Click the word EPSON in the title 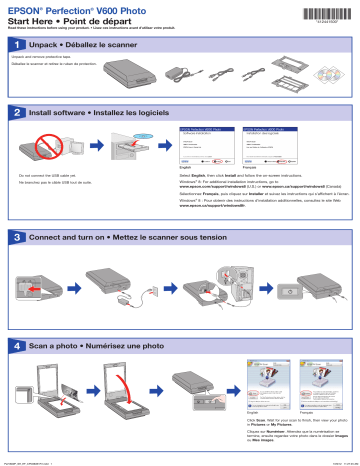(27, 9)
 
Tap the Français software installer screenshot (274, 146)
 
